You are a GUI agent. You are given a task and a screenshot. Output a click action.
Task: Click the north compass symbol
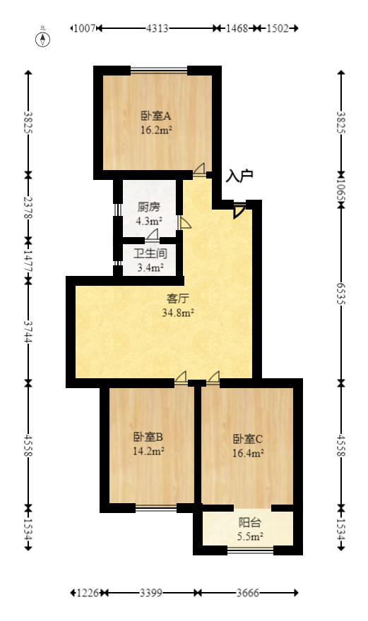coord(44,39)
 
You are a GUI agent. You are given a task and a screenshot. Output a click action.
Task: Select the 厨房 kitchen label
coord(148,207)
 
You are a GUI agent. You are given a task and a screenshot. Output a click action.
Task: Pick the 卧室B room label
coord(148,437)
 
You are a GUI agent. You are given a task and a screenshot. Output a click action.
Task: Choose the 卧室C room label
coord(249,438)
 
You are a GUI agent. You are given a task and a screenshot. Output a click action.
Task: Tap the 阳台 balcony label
coord(249,523)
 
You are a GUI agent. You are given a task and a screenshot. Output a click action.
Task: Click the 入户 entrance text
coord(239,176)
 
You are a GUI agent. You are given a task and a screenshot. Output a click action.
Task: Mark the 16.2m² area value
coord(157,130)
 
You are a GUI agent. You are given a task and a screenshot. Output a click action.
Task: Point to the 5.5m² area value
coord(249,536)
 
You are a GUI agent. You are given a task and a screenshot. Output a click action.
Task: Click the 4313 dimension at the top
coord(157,28)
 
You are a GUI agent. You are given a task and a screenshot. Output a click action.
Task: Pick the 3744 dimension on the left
coord(28,332)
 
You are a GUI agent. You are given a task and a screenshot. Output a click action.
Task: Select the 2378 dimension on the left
coord(28,210)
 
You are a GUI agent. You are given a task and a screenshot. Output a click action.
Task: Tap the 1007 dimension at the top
coord(84,28)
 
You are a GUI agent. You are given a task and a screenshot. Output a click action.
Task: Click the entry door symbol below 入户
coord(239,210)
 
